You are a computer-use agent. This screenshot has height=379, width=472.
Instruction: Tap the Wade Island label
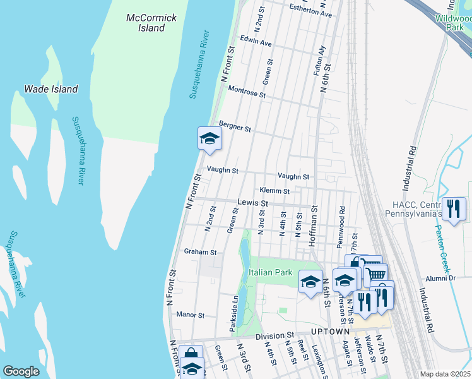pos(50,89)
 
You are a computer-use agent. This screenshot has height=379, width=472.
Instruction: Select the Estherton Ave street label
pos(310,13)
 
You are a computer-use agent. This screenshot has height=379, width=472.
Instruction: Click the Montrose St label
pos(247,92)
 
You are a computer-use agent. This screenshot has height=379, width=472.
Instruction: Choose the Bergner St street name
pos(235,127)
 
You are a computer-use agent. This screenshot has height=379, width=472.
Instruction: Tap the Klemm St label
pos(274,191)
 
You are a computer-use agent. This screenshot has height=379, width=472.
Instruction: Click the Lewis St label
pos(253,203)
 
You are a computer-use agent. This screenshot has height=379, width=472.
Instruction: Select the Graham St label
pos(200,251)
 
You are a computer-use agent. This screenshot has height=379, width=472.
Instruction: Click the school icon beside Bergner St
pos(209,138)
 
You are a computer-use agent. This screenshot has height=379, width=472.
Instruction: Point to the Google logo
pos(21,371)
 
